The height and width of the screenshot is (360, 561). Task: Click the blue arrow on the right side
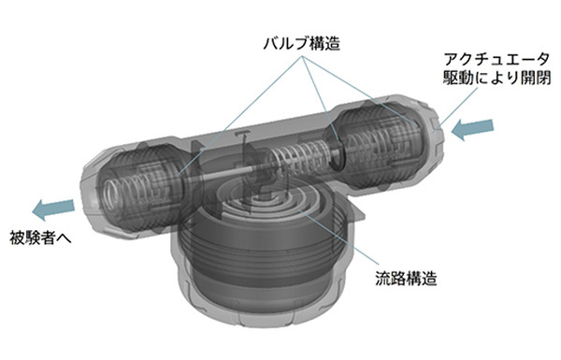click(471, 131)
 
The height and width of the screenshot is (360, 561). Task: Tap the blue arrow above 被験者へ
click(53, 208)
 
